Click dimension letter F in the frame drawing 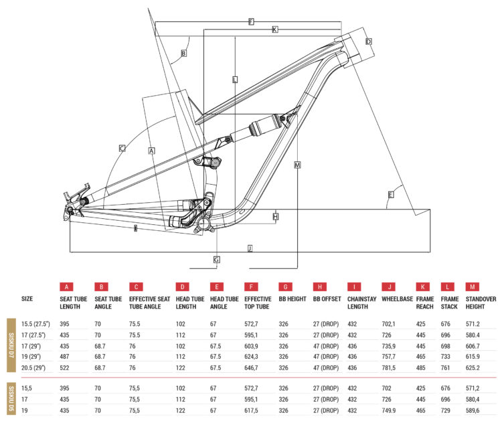tap(250, 21)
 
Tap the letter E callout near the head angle tap(390, 195)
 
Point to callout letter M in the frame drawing tap(297, 165)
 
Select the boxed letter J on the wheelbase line tap(250, 248)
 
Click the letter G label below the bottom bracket tap(217, 259)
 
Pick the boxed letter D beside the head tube tap(368, 41)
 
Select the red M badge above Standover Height tap(472, 286)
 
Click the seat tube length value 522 tap(65, 367)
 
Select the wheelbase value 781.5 tap(390, 367)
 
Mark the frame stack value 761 tap(446, 367)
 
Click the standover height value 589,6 tap(475, 409)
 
